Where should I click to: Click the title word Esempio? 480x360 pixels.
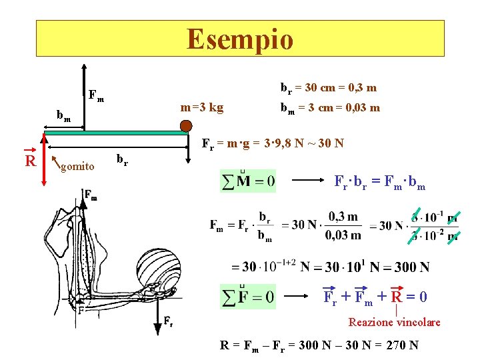pyautogui.click(x=240, y=39)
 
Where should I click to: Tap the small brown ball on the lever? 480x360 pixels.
pyautogui.click(x=185, y=125)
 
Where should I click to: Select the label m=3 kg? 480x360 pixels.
pyautogui.click(x=202, y=107)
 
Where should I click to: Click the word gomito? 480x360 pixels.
pyautogui.click(x=77, y=166)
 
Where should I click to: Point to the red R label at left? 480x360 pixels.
pyautogui.click(x=29, y=161)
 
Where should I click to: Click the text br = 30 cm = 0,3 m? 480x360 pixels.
pyautogui.click(x=328, y=87)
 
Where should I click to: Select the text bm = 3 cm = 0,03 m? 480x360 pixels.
pyautogui.click(x=330, y=107)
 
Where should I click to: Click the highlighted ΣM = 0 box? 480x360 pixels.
pyautogui.click(x=247, y=181)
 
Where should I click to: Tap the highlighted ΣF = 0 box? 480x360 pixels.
pyautogui.click(x=247, y=297)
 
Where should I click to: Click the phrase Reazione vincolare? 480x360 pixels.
pyautogui.click(x=394, y=322)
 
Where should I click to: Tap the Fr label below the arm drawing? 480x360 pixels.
pyautogui.click(x=169, y=322)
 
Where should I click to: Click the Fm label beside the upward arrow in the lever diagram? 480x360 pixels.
pyautogui.click(x=96, y=95)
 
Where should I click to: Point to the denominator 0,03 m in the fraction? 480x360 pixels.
pyautogui.click(x=343, y=235)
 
